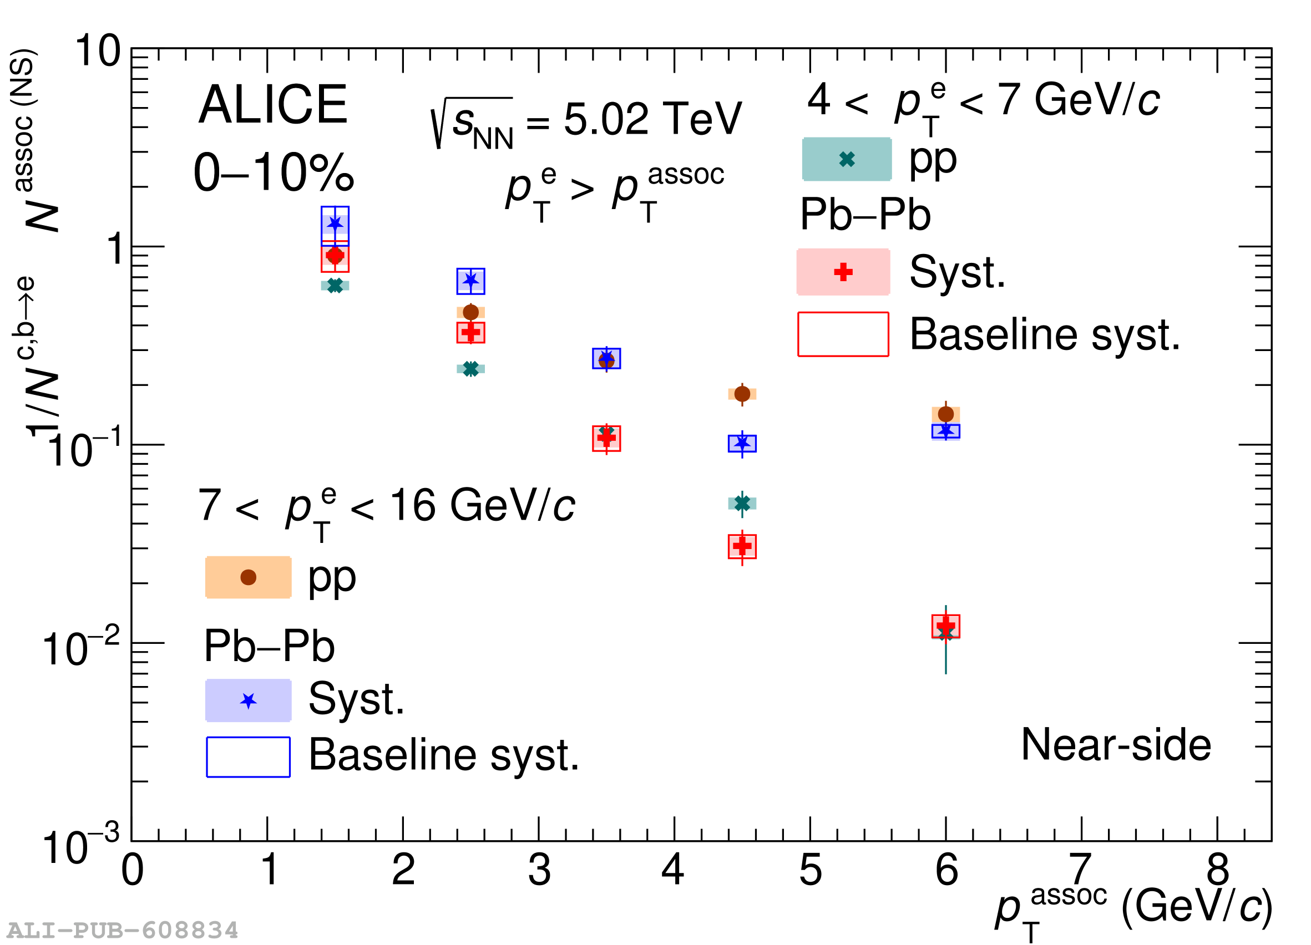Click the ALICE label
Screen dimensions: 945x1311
272,105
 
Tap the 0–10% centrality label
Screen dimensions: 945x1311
274,173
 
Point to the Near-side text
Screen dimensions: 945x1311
1116,745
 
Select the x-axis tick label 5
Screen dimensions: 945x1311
811,871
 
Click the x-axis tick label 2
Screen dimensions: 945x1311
403,871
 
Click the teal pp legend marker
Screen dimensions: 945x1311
847,159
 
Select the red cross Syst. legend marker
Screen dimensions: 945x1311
843,272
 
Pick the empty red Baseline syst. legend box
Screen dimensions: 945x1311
843,334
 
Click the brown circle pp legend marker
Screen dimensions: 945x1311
248,577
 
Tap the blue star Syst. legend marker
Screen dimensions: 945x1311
249,701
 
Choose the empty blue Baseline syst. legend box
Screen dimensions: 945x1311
249,758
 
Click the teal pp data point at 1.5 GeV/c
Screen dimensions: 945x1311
335,286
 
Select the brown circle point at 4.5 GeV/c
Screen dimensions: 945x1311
743,394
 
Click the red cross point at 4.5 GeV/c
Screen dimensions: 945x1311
743,546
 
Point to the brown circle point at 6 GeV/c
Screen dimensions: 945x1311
946,414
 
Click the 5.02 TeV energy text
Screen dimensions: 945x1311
652,120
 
